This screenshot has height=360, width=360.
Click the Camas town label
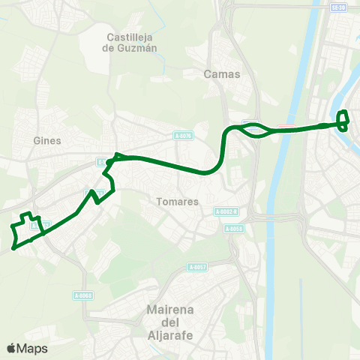pos(221,74)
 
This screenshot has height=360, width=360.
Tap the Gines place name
pos(47,140)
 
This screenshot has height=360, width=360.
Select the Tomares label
pos(178,202)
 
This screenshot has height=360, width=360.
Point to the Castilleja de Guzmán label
pos(131,42)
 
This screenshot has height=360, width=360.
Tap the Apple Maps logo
pos(27,348)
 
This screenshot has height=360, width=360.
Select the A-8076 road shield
pos(183,136)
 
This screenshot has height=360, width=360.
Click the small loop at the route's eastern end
pos(343,120)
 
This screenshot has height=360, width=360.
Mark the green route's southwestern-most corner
pos(15,247)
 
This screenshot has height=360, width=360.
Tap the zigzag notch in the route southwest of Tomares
pos(95,196)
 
